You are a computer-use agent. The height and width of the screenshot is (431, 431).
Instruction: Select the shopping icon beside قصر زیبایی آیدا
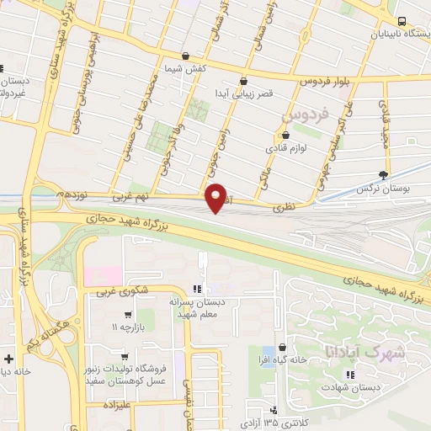243,81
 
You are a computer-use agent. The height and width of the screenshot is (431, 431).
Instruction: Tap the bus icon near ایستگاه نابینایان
402,22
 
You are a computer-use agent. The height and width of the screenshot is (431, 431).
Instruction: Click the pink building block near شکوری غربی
102,275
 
